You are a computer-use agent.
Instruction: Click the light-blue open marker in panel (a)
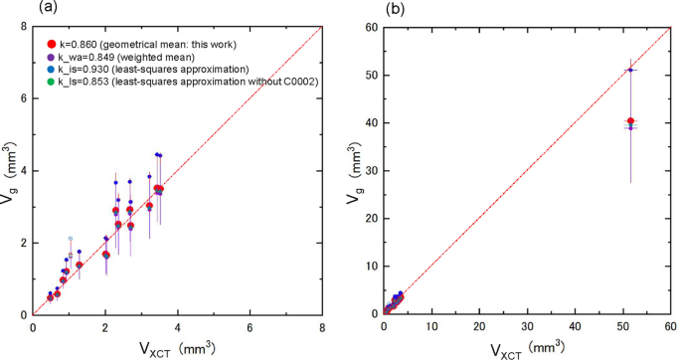pyautogui.click(x=70, y=239)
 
